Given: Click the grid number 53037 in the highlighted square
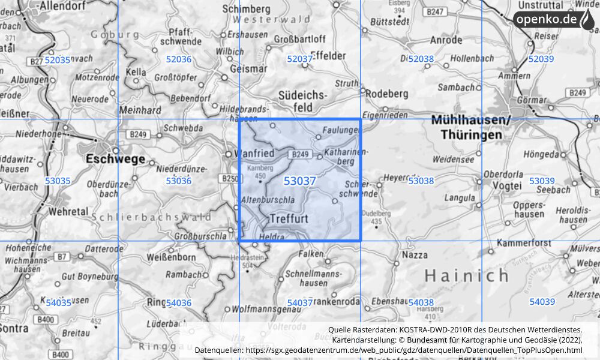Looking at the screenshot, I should click(300, 181).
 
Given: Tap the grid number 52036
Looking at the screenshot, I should click(178, 59).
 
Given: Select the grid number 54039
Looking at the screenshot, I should click(542, 302).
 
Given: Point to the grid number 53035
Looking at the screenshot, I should click(58, 181).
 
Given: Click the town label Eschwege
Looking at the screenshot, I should click(116, 159).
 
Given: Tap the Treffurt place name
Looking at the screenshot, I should click(289, 218).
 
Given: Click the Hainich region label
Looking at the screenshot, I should click(467, 275).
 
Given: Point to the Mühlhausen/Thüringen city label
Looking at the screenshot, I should click(470, 128).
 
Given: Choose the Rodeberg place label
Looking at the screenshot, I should click(386, 94).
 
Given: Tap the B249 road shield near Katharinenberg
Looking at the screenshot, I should click(301, 155).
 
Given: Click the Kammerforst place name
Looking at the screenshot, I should click(524, 243).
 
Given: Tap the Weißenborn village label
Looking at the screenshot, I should click(172, 257).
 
